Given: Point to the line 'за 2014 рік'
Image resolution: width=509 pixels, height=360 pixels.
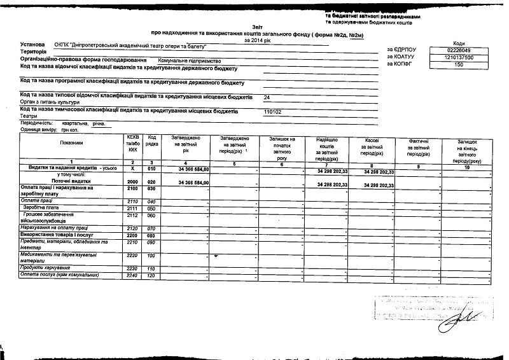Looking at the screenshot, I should tap(256, 39).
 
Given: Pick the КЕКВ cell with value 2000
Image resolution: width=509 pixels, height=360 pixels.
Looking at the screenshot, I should tap(132, 182).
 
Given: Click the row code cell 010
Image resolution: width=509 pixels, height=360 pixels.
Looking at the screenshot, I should tap(151, 169).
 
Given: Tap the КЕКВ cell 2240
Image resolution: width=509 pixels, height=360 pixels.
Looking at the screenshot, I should tap(132, 275).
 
